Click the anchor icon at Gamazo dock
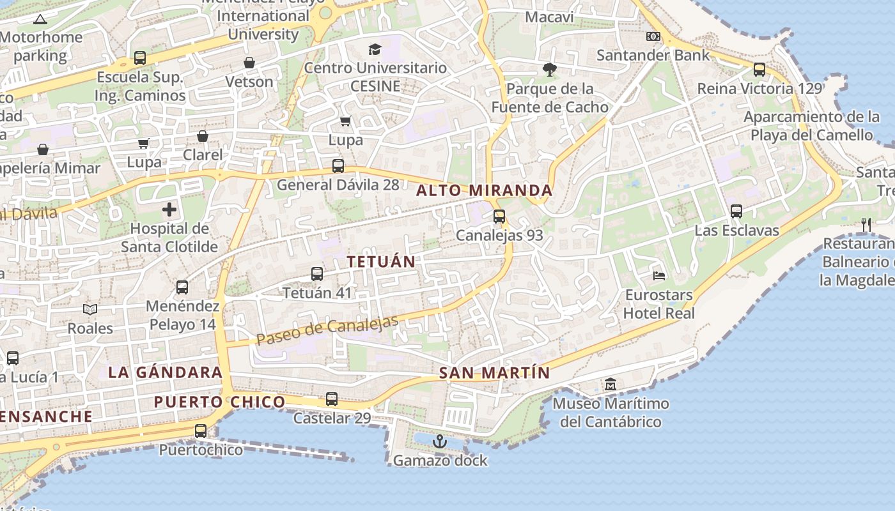439,441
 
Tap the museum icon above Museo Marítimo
611,385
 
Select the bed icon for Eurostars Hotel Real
659,276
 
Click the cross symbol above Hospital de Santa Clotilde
169,209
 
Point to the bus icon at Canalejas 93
499,217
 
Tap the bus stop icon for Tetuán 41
317,274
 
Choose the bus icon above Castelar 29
331,399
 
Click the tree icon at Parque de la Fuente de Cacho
549,69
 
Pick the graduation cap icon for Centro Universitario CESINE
375,49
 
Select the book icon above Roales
90,310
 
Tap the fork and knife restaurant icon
866,224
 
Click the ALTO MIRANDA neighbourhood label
485,190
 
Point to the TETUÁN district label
381,261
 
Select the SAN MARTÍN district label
495,373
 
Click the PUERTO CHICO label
219,402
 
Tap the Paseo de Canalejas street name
327,330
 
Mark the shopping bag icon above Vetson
249,63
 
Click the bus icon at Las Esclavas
736,211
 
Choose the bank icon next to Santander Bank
653,36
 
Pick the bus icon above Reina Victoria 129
759,70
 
